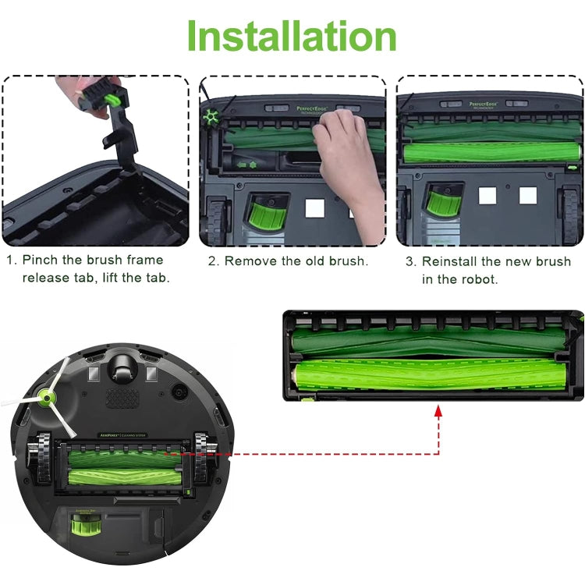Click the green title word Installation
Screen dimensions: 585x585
[292, 37]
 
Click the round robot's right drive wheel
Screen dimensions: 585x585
[204, 464]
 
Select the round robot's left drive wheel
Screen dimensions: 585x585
[37, 466]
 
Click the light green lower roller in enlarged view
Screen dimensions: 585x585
[429, 373]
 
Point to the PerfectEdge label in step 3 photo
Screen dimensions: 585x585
[484, 104]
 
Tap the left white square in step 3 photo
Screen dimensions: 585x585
[487, 196]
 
